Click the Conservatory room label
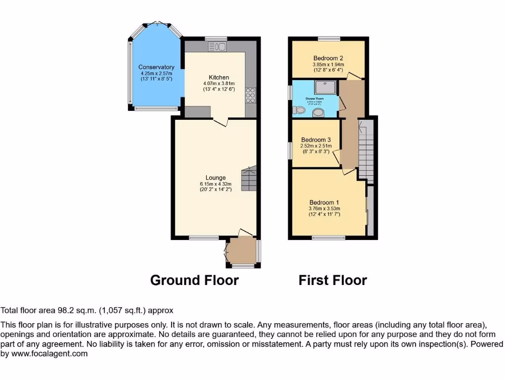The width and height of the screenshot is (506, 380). coord(156,67)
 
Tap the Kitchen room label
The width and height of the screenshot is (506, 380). coord(219,78)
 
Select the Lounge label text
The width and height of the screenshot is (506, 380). coord(216,178)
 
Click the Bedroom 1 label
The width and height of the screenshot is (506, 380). coord(324,202)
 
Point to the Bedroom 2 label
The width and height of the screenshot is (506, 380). coord(328,58)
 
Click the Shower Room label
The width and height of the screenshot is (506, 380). coord(314,99)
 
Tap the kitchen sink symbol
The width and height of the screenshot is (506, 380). coord(217,47)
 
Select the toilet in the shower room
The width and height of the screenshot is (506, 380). coord(299,110)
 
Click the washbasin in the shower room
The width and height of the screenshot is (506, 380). coord(319,113)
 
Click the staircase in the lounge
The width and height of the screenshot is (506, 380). coord(249,179)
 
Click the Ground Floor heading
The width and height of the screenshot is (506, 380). coord(194,281)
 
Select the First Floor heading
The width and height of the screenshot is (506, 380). coord(333,281)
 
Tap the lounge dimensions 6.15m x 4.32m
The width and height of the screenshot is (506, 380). coord(216,184)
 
